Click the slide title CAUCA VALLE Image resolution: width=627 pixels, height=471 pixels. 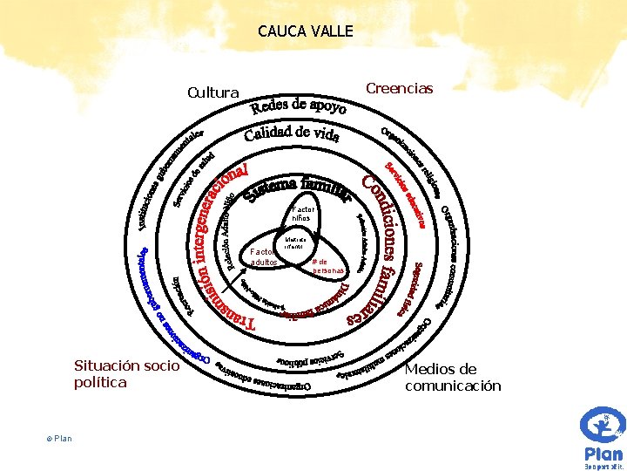coord(306,31)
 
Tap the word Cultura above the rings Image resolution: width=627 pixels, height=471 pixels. coord(213,92)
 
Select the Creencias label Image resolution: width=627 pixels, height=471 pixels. coord(400,89)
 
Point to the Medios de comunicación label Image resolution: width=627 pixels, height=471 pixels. coord(453,377)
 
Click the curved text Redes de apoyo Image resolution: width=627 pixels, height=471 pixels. coord(299,107)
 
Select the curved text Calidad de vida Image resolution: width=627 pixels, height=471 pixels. coord(292,133)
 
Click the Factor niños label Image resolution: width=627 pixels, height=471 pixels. coord(303,213)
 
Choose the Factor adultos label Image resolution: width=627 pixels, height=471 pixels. coord(263,256)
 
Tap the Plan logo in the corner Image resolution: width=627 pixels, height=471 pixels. coord(602,436)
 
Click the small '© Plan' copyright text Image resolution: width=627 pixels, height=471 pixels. coord(60,438)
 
